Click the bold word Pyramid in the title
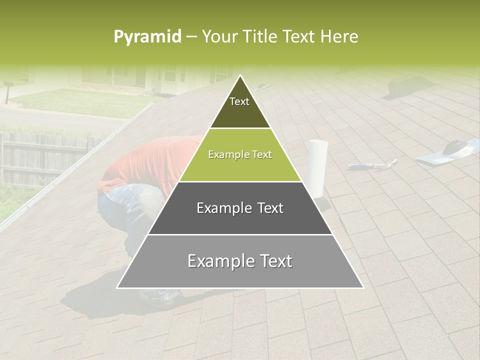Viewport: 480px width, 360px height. (x=147, y=37)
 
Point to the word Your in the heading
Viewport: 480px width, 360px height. (x=219, y=37)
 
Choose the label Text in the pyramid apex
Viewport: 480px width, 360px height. (x=239, y=101)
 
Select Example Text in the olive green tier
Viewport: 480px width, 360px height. (x=240, y=155)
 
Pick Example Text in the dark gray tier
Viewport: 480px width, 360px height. (x=240, y=208)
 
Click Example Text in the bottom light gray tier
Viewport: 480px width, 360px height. (x=240, y=261)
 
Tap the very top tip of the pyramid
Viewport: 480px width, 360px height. (x=240, y=76)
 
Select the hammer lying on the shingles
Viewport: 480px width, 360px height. (x=372, y=165)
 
